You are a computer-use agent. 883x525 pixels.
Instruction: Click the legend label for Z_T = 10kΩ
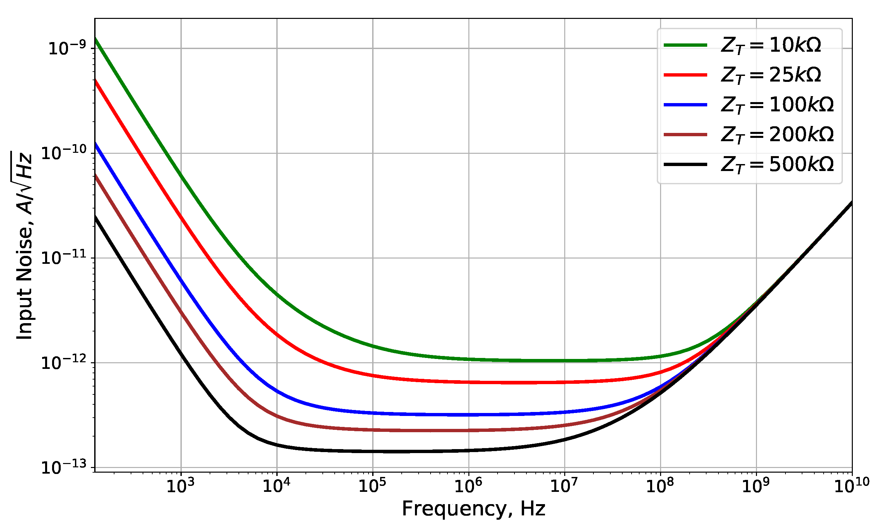pyautogui.click(x=771, y=46)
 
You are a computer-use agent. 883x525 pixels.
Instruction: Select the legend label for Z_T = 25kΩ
pyautogui.click(x=771, y=75)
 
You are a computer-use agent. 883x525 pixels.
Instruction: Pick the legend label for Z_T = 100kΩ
pyautogui.click(x=777, y=105)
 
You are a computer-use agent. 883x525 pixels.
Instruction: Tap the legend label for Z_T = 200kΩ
pyautogui.click(x=777, y=135)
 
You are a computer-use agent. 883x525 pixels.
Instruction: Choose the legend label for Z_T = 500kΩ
pyautogui.click(x=777, y=165)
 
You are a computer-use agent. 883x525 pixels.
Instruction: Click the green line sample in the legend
pyautogui.click(x=685, y=45)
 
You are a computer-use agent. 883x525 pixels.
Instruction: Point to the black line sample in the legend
pyautogui.click(x=685, y=164)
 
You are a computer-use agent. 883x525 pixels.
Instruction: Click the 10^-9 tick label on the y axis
pyautogui.click(x=67, y=48)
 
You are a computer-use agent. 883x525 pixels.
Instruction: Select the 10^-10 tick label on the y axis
pyautogui.click(x=64, y=153)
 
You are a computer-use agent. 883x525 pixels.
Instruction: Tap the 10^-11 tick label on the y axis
pyautogui.click(x=64, y=258)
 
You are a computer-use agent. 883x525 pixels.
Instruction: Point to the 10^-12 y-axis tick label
pyautogui.click(x=64, y=363)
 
